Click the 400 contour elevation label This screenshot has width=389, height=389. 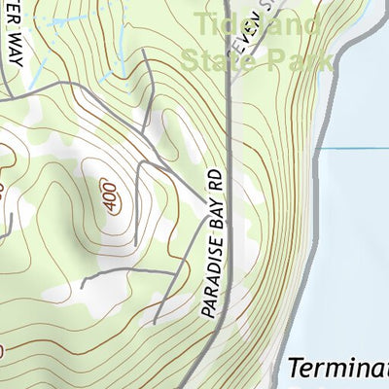[x=108, y=194]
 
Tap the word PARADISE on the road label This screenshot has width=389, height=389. [x=207, y=282]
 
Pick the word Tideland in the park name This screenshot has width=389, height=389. [x=257, y=22]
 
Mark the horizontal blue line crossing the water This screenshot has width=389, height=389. [x=355, y=149]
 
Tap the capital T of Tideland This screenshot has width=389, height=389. [x=202, y=22]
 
